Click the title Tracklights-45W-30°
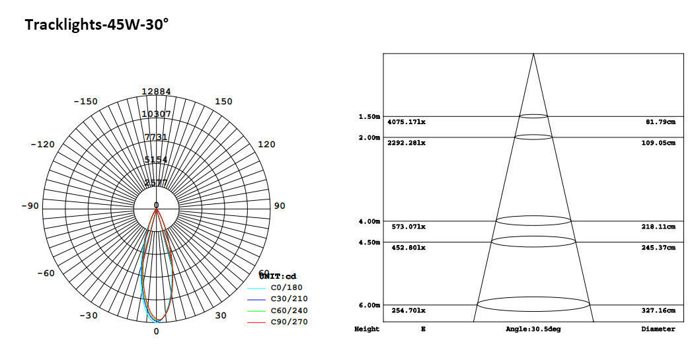click(96, 25)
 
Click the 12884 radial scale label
click(156, 92)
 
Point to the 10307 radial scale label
click(156, 114)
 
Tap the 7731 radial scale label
click(156, 137)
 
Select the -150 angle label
click(85, 102)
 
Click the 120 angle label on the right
click(266, 145)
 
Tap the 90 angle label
click(280, 206)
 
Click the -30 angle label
click(89, 316)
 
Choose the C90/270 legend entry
click(289, 322)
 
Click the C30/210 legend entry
click(289, 299)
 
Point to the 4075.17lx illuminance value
click(406, 122)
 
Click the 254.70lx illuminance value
click(406, 310)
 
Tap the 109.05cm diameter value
click(660, 143)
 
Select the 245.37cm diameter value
click(660, 248)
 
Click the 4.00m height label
click(369, 221)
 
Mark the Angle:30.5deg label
click(533, 329)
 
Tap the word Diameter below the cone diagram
click(658, 329)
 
